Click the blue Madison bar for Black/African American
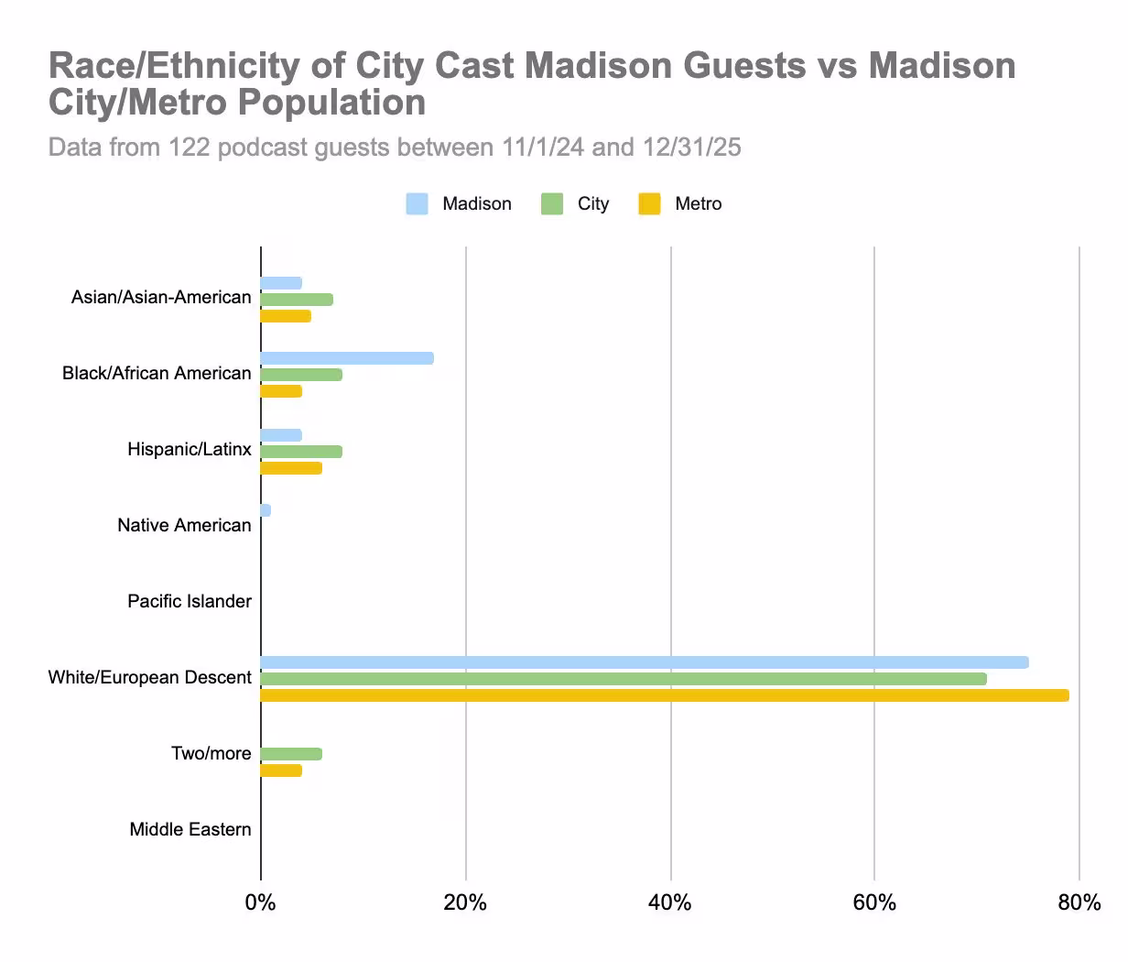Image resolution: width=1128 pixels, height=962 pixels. [x=346, y=358]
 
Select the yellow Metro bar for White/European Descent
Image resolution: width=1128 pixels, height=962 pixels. [x=664, y=695]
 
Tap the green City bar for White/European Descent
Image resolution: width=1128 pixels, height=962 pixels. [x=623, y=679]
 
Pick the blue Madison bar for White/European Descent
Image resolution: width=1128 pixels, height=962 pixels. [x=644, y=662]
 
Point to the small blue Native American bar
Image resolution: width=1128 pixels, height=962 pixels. [x=266, y=510]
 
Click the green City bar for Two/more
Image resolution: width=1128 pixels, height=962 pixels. [x=291, y=754]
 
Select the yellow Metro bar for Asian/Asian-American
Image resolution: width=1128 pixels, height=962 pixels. [x=286, y=316]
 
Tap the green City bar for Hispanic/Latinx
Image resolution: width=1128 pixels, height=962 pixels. [x=301, y=452]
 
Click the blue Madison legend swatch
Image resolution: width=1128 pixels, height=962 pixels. [x=417, y=204]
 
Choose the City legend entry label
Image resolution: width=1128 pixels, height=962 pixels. [x=592, y=204]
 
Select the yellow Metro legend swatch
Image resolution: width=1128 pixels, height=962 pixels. [x=649, y=204]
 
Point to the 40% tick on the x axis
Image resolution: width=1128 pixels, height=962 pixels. [x=669, y=903]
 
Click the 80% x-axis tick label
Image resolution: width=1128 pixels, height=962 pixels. [x=1079, y=903]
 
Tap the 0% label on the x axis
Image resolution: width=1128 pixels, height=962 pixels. [x=260, y=903]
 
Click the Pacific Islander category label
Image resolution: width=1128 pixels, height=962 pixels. [x=189, y=602]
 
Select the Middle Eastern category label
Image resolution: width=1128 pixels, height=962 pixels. [x=190, y=830]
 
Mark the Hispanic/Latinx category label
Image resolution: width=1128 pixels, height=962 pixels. [x=189, y=450]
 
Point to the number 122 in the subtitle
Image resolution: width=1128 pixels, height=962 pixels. [x=190, y=148]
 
